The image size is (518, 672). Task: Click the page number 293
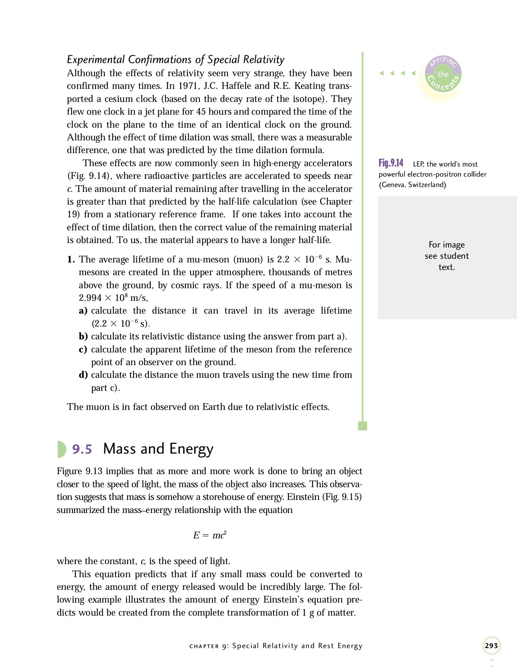tap(491, 645)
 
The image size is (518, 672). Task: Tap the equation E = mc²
tap(210, 535)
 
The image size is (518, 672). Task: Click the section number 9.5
tap(82, 449)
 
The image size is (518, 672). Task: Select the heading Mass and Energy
tap(158, 449)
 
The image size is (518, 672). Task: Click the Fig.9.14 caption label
tap(391, 163)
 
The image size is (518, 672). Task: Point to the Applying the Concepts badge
tap(443, 74)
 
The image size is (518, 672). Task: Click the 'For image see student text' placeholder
tap(447, 256)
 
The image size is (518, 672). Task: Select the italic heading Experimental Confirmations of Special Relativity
tap(176, 59)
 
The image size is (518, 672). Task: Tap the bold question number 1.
tap(71, 259)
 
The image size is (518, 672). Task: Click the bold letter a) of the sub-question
tap(83, 311)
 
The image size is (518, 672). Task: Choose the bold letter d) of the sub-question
tap(83, 375)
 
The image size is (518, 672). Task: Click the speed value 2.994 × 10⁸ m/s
tap(113, 298)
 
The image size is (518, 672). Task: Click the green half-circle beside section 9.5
tap(61, 449)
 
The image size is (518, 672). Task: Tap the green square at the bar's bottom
tap(362, 426)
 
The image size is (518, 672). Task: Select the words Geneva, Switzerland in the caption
tap(412, 185)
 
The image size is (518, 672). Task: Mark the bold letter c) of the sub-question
tap(83, 349)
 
